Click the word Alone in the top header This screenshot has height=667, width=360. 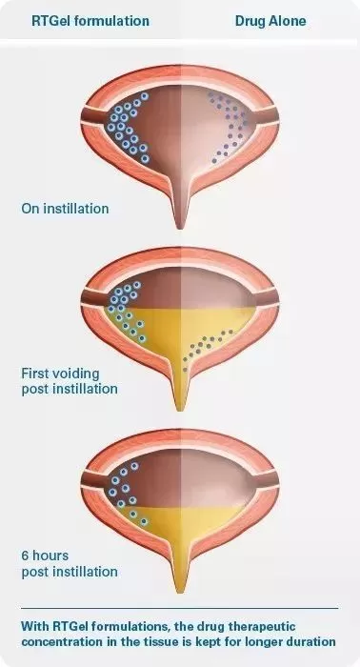coord(288,21)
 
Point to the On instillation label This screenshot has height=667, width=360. coord(65,209)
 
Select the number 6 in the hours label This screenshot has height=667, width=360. coord(25,556)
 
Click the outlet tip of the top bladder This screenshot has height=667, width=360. coord(180,228)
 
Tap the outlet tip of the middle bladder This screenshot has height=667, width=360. coord(180,410)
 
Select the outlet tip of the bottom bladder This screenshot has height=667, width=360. coord(180,592)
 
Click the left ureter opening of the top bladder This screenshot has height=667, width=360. coord(91,115)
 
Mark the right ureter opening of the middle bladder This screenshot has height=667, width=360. coord(267,297)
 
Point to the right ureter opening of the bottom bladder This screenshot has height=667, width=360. coord(267,479)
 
